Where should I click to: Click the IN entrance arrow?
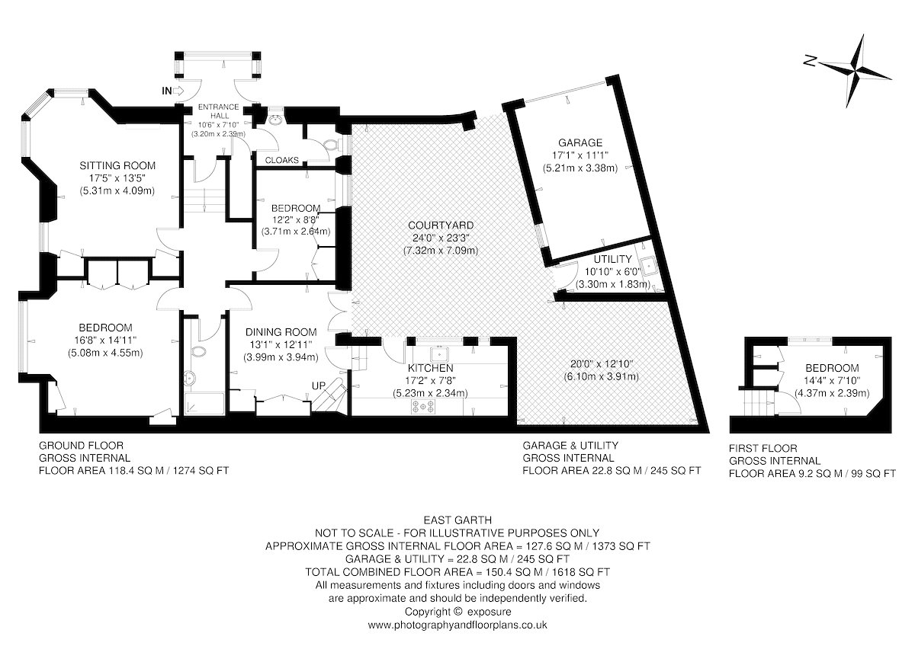(x=179, y=91)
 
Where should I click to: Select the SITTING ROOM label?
(x=117, y=165)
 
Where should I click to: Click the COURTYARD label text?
(x=441, y=225)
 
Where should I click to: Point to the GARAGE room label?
(x=580, y=142)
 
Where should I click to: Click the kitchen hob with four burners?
(x=424, y=406)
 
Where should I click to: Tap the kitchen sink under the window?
(x=439, y=353)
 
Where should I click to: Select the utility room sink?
(x=647, y=266)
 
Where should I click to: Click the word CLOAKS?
(x=282, y=161)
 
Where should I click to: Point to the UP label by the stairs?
(x=319, y=385)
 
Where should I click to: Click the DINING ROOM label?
(x=281, y=332)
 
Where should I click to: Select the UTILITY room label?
(x=613, y=259)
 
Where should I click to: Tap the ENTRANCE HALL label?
(x=219, y=111)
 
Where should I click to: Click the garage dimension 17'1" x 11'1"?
(x=580, y=155)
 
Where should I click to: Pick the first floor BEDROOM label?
(x=832, y=368)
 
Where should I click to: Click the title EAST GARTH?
(x=457, y=520)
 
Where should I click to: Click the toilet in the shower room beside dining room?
(x=199, y=351)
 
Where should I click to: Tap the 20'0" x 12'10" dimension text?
(x=602, y=363)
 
